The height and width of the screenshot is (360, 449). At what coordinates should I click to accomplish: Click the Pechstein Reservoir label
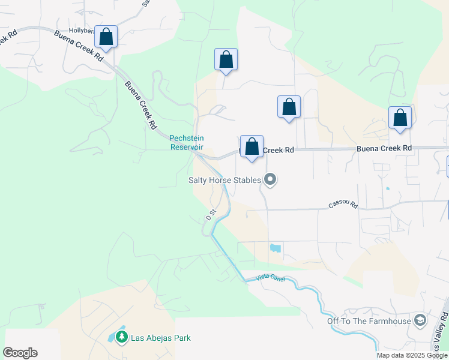[187, 142]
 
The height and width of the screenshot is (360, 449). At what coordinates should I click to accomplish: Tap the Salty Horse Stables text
[224, 179]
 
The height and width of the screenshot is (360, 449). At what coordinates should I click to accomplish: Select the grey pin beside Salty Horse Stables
[270, 179]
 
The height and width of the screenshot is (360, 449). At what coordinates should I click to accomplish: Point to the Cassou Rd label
[343, 205]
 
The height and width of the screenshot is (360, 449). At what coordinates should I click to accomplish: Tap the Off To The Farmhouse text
[369, 320]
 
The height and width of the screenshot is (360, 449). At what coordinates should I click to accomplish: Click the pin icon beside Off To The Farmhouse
[420, 320]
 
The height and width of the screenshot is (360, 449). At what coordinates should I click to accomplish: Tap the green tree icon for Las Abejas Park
[122, 337]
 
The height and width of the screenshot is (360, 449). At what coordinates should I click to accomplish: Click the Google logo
[20, 353]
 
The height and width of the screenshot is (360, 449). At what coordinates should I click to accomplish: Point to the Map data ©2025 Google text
[412, 355]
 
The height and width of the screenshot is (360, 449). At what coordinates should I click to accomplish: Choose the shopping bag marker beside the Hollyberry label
[106, 37]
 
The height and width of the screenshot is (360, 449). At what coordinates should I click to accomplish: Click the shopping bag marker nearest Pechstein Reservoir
[252, 146]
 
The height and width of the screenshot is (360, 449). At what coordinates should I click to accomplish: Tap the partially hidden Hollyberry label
[81, 30]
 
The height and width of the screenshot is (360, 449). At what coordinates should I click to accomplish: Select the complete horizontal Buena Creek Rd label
[384, 148]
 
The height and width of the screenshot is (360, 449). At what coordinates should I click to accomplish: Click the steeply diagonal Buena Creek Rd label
[140, 105]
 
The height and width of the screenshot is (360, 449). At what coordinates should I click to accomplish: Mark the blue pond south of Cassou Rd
[276, 248]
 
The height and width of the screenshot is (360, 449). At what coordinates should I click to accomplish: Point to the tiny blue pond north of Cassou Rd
[387, 189]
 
